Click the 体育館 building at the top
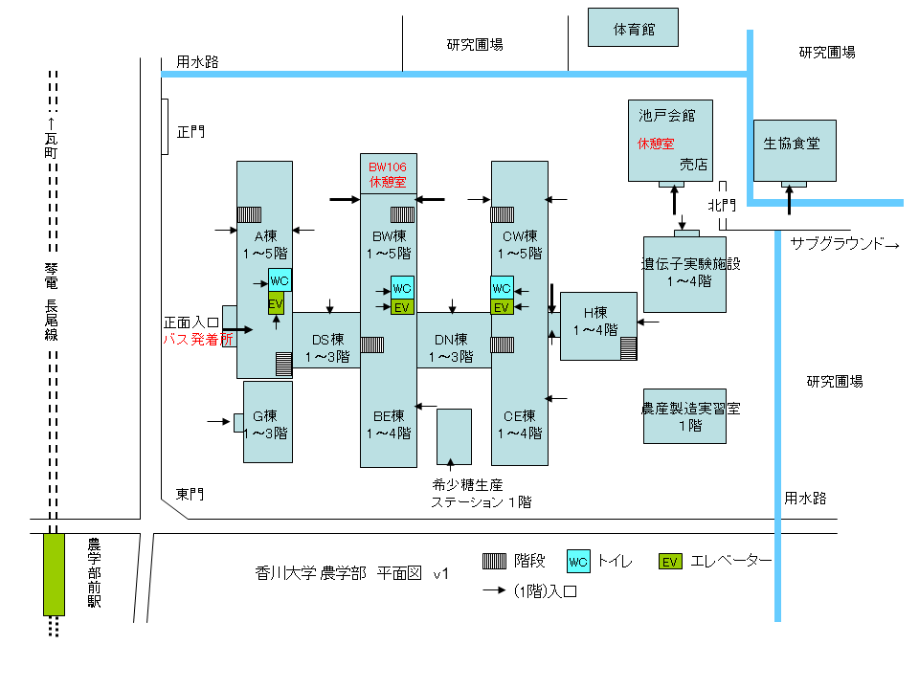633,28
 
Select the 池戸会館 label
666,116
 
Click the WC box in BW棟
402,287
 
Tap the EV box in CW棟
502,306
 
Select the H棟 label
597,313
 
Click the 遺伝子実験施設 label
691,264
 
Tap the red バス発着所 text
197,338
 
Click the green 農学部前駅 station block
54,574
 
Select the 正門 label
191,131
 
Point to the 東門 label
191,495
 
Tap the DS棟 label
326,339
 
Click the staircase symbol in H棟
628,347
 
